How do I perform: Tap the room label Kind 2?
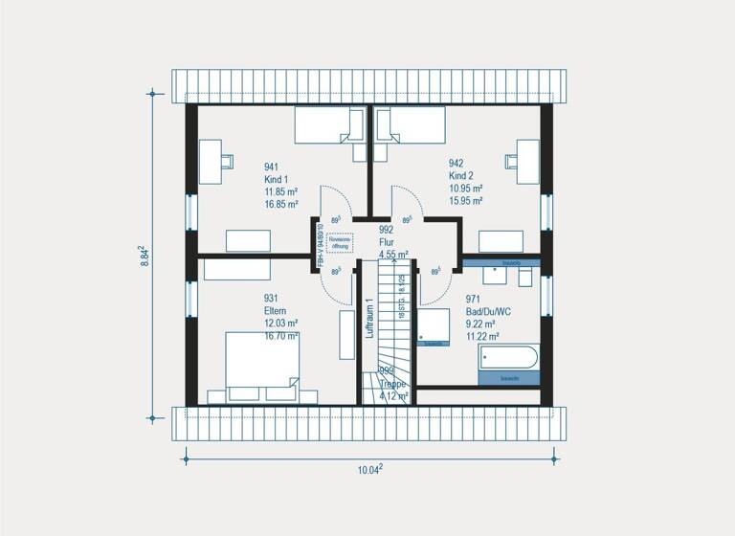pos(462,176)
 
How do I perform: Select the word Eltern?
pos(277,310)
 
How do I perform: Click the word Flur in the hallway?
pos(387,242)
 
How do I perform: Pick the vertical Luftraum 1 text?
pos(367,318)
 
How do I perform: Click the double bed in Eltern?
pos(262,368)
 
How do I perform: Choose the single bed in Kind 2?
pos(411,125)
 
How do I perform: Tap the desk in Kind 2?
pos(528,161)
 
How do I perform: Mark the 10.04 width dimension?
pos(369,469)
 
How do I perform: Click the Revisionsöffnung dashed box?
pos(341,242)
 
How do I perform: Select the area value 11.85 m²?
pos(281,190)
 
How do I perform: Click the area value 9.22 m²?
pos(480,324)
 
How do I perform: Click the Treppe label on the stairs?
pos(391,384)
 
